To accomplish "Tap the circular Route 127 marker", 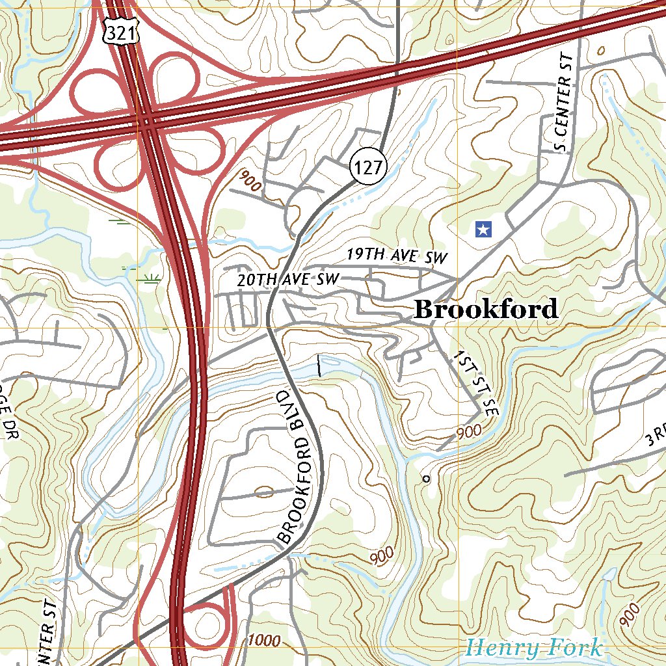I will pyautogui.click(x=368, y=168).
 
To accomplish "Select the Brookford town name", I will pyautogui.click(x=486, y=309).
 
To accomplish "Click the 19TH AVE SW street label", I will pyautogui.click(x=397, y=256).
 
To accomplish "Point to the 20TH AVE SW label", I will pyautogui.click(x=288, y=280).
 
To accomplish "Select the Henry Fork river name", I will pyautogui.click(x=533, y=648).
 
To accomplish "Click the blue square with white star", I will pyautogui.click(x=483, y=229).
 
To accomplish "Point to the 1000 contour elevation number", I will pyautogui.click(x=264, y=641).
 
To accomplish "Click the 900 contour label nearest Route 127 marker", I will pyautogui.click(x=249, y=181).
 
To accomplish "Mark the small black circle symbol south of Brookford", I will pyautogui.click(x=426, y=479).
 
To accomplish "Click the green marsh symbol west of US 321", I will pyautogui.click(x=150, y=280).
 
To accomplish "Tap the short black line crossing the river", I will pyautogui.click(x=319, y=366).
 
